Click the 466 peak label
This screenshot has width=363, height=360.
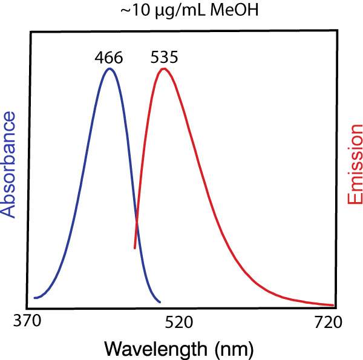(x=109, y=58)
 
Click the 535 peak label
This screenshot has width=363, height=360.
(x=163, y=58)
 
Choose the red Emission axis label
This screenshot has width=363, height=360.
(x=355, y=165)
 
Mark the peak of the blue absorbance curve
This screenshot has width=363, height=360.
(x=110, y=68)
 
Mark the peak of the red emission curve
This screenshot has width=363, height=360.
(x=163, y=68)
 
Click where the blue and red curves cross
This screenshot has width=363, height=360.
(x=136, y=225)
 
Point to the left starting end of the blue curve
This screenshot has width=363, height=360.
(x=34, y=298)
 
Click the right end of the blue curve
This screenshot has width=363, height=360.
(x=160, y=302)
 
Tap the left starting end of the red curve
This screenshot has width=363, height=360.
(x=134, y=247)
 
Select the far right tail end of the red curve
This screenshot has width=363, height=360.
(x=333, y=305)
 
